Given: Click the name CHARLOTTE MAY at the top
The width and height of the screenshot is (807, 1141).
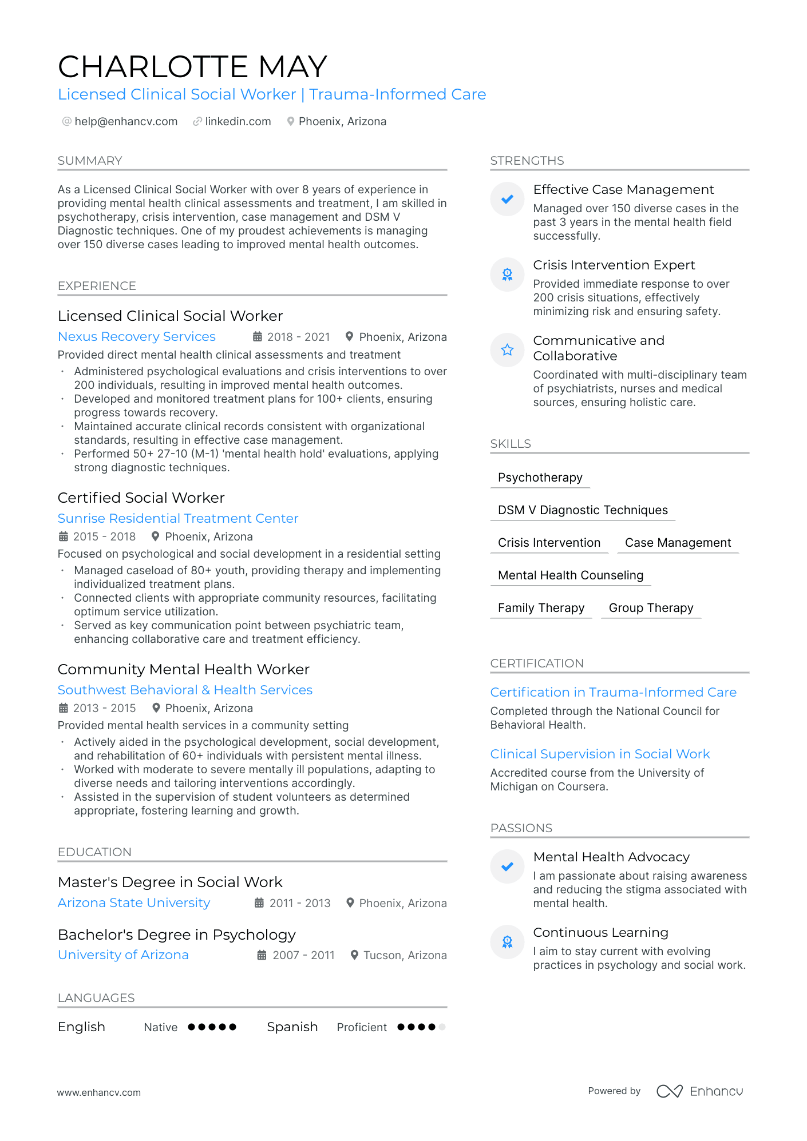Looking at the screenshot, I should (x=192, y=67).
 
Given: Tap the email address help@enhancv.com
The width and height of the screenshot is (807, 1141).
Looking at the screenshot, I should (x=126, y=121).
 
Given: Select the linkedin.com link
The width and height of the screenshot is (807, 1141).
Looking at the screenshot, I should (x=238, y=121).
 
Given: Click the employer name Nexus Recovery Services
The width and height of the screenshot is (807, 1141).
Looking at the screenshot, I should (x=137, y=336).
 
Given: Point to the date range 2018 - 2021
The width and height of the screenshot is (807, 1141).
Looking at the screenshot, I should (x=298, y=337).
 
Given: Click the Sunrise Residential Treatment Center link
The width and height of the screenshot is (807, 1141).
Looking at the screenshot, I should (x=178, y=518).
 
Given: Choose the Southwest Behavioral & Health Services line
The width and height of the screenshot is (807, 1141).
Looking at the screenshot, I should (x=185, y=690).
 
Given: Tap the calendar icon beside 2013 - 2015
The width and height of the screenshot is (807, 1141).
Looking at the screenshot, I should (x=64, y=708).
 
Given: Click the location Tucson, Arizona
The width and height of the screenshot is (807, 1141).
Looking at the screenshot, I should (x=405, y=955).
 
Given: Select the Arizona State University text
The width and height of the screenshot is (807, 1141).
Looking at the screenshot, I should (x=134, y=903).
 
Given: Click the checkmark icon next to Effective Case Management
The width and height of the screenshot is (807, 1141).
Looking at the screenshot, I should (x=507, y=199).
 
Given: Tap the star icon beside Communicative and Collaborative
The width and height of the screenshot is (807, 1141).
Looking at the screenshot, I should (x=507, y=350).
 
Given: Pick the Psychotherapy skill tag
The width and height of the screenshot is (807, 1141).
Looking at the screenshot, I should (x=540, y=478).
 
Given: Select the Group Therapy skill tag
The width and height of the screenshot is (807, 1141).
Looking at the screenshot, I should (x=651, y=608).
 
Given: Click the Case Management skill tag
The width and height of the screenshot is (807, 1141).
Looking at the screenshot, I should (x=678, y=543).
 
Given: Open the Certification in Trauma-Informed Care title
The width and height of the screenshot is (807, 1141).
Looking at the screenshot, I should (x=613, y=692).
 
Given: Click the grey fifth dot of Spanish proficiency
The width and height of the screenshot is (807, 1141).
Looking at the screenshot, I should (x=442, y=1027).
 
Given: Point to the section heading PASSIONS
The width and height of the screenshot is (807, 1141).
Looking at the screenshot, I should (x=521, y=828).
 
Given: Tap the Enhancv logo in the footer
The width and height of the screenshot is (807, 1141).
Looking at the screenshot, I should (x=699, y=1091).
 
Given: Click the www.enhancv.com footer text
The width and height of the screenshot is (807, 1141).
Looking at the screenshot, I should (x=98, y=1092).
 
